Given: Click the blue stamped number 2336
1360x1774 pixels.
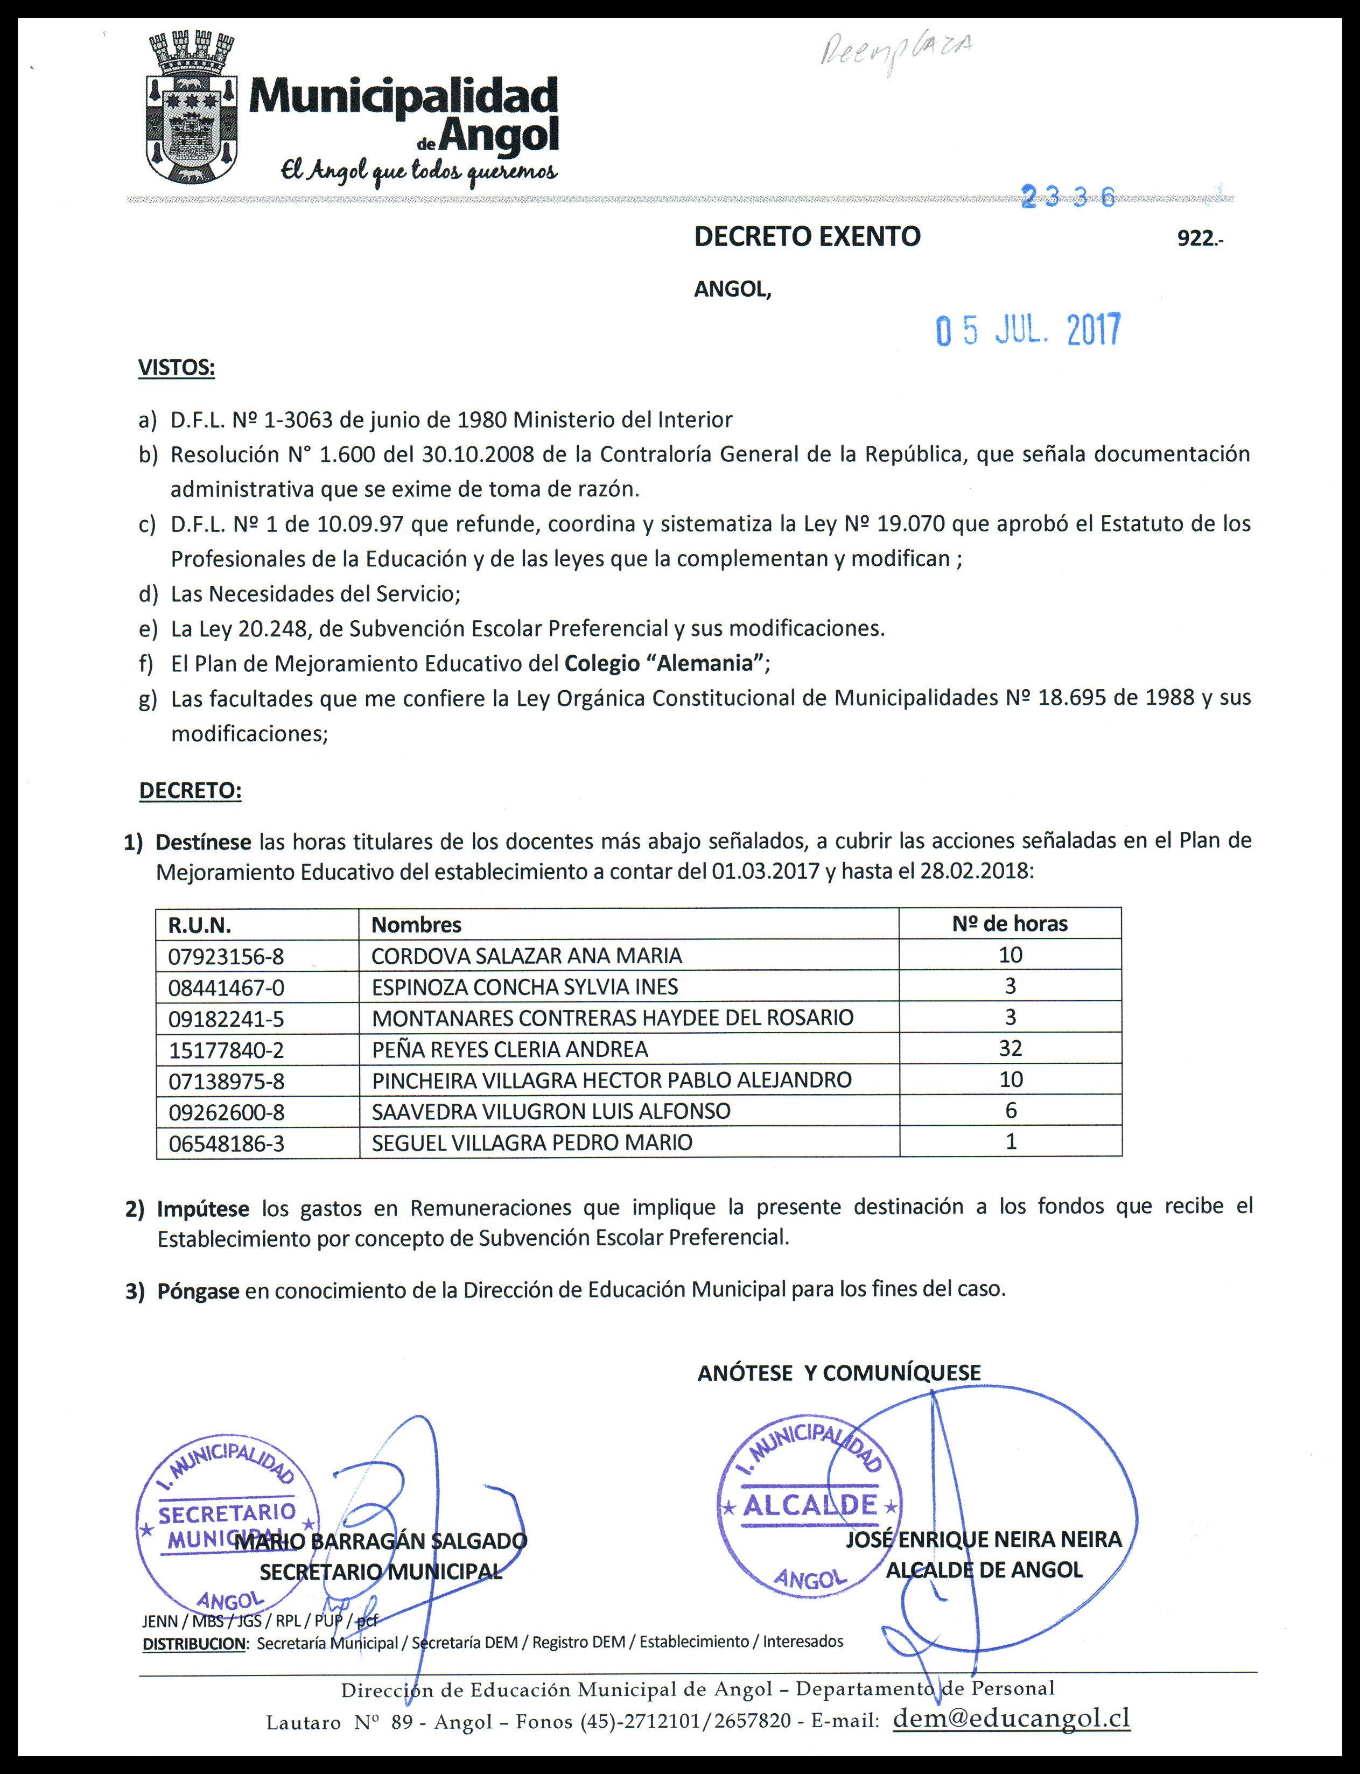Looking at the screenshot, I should pyautogui.click(x=1069, y=197).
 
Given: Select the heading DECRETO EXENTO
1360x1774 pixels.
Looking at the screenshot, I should pyautogui.click(x=807, y=236).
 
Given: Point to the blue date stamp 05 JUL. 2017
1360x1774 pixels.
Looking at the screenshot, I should pyautogui.click(x=1028, y=330).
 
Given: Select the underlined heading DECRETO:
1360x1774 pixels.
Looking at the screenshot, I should pyautogui.click(x=190, y=791).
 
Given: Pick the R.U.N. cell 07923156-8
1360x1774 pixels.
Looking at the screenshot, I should pyautogui.click(x=227, y=956).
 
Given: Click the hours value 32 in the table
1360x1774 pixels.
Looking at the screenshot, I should pyautogui.click(x=1010, y=1048).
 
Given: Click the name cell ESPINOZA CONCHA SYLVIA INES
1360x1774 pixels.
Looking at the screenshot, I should pyautogui.click(x=524, y=986).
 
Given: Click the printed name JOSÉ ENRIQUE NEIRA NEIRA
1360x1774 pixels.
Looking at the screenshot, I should pyautogui.click(x=984, y=1539).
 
